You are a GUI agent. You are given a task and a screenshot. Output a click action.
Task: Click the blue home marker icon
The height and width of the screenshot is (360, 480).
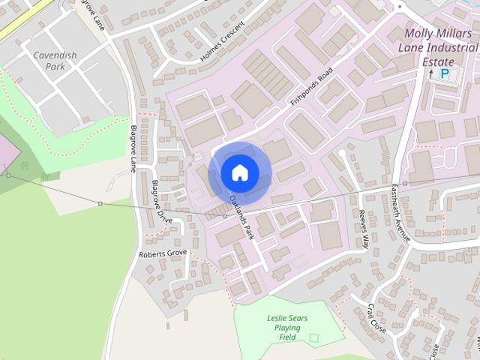pyautogui.click(x=240, y=172)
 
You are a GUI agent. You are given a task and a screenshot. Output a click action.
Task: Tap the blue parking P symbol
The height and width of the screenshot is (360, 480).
pyautogui.click(x=445, y=73)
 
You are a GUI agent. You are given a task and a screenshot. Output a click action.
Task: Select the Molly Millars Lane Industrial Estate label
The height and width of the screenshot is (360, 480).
pyautogui.click(x=441, y=46)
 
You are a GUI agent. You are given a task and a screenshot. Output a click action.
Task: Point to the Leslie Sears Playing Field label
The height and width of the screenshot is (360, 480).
pyautogui.click(x=287, y=327)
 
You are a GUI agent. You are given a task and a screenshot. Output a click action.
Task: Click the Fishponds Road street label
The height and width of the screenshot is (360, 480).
pyautogui.click(x=310, y=88)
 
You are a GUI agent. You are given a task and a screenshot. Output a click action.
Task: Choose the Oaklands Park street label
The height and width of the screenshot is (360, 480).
pyautogui.click(x=242, y=217)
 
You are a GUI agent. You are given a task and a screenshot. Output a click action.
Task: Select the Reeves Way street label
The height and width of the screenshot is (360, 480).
pyautogui.click(x=364, y=229)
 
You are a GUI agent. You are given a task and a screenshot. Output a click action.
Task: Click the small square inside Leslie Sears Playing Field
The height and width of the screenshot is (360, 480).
pyautogui.click(x=314, y=338)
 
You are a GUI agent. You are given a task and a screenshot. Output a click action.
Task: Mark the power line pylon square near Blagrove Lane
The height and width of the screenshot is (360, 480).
pyautogui.click(x=100, y=203)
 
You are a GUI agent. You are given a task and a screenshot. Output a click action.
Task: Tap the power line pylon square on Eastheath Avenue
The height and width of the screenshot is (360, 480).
pyautogui.click(x=405, y=183)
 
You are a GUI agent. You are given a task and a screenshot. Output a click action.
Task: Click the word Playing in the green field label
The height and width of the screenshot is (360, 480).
pyautogui.click(x=287, y=328)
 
